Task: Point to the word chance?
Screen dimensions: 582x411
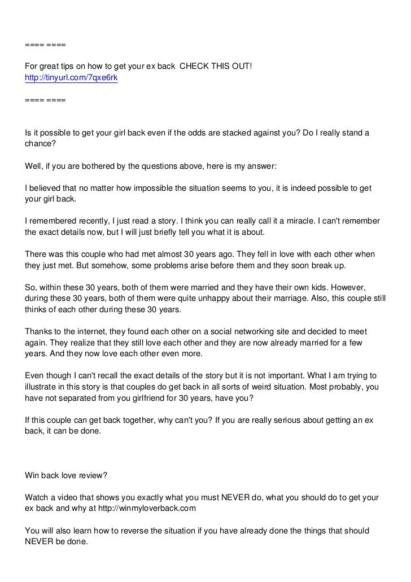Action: tap(41, 144)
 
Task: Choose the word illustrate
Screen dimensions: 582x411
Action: tap(44, 387)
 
